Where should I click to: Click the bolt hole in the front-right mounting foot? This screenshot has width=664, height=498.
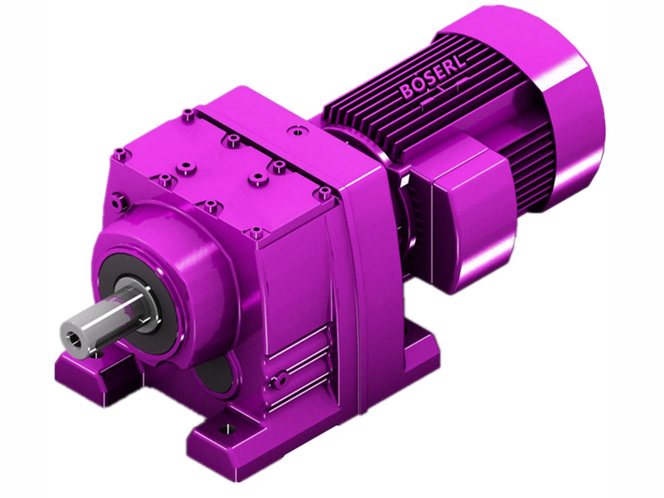pyautogui.click(x=222, y=428)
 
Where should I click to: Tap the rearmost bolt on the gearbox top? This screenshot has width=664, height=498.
pyautogui.click(x=189, y=112)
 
